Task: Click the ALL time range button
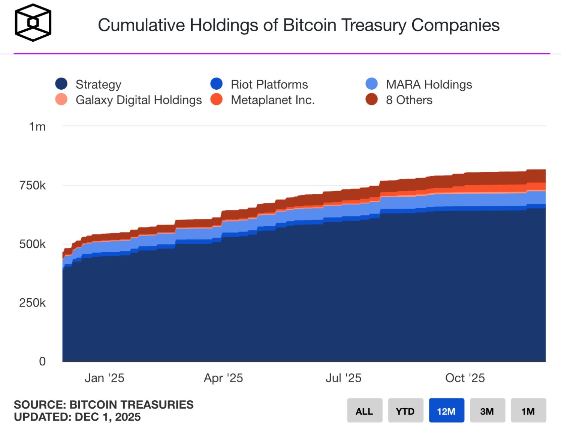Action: tap(364, 411)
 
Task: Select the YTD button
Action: tap(405, 411)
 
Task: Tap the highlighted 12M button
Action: tap(446, 411)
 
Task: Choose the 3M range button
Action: tap(487, 411)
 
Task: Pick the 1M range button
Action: tap(528, 411)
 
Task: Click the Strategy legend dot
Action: tap(61, 84)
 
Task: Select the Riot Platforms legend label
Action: tap(269, 84)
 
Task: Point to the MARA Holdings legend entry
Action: tap(429, 84)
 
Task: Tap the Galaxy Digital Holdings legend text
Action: tap(139, 100)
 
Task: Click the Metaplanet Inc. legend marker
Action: tap(217, 99)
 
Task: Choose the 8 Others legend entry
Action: tap(409, 100)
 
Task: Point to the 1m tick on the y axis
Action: tap(37, 127)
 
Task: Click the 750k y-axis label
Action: tap(33, 185)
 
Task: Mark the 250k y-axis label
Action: tap(33, 303)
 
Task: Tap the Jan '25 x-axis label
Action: tap(104, 378)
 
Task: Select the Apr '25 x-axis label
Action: tap(223, 378)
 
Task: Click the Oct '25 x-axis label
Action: tap(465, 378)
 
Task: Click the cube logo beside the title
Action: tap(33, 23)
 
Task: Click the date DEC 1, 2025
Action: tap(108, 417)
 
